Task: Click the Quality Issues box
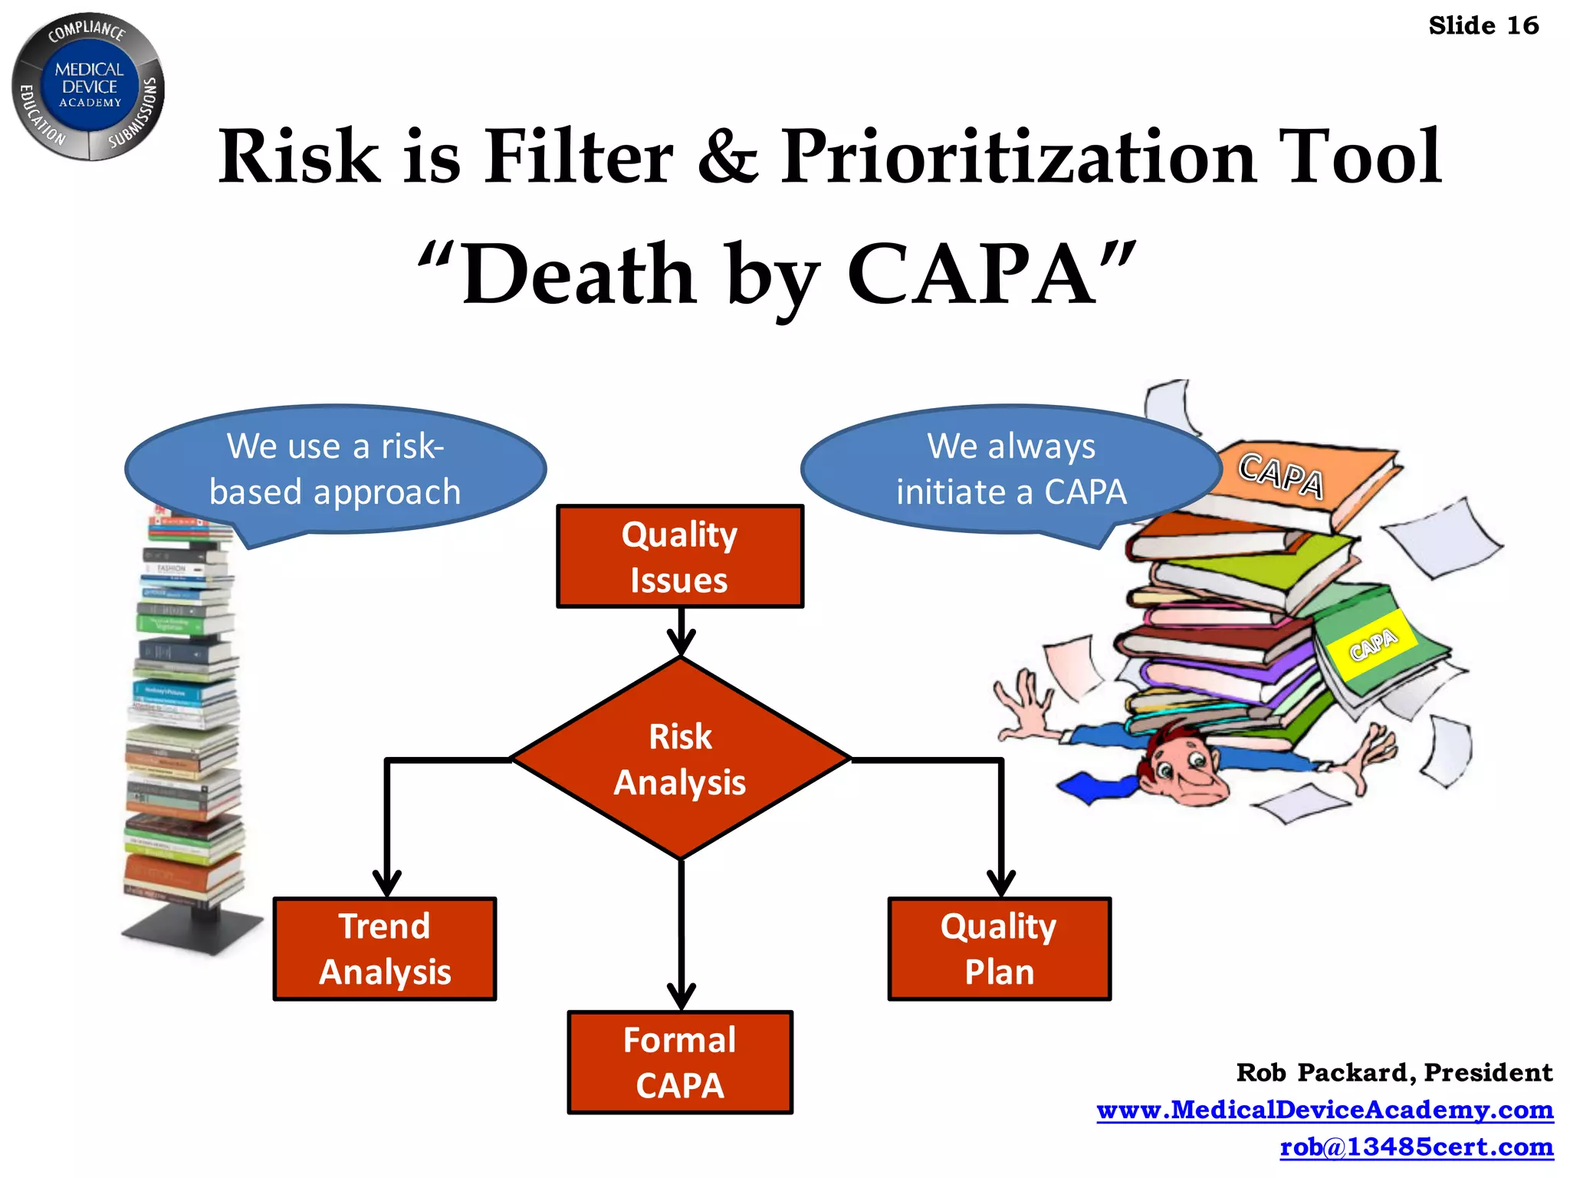coord(680,557)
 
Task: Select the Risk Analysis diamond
coord(680,758)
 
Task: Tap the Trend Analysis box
coord(385,949)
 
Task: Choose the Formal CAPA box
coord(680,1062)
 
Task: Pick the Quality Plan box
coord(999,949)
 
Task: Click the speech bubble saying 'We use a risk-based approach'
coord(335,469)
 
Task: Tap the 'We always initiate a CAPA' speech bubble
coord(1011,469)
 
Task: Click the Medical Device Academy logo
coord(89,86)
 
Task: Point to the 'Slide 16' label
coord(1483,26)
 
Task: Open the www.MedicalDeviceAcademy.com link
coord(1325,1110)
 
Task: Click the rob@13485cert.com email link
coord(1417,1147)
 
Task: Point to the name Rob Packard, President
coord(1394,1072)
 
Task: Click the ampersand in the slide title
coord(727,157)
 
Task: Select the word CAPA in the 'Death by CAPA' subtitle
coord(972,275)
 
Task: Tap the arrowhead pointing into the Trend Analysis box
coord(386,884)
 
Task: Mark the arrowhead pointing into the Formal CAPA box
coord(681,997)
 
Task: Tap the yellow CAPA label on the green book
coord(1372,644)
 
